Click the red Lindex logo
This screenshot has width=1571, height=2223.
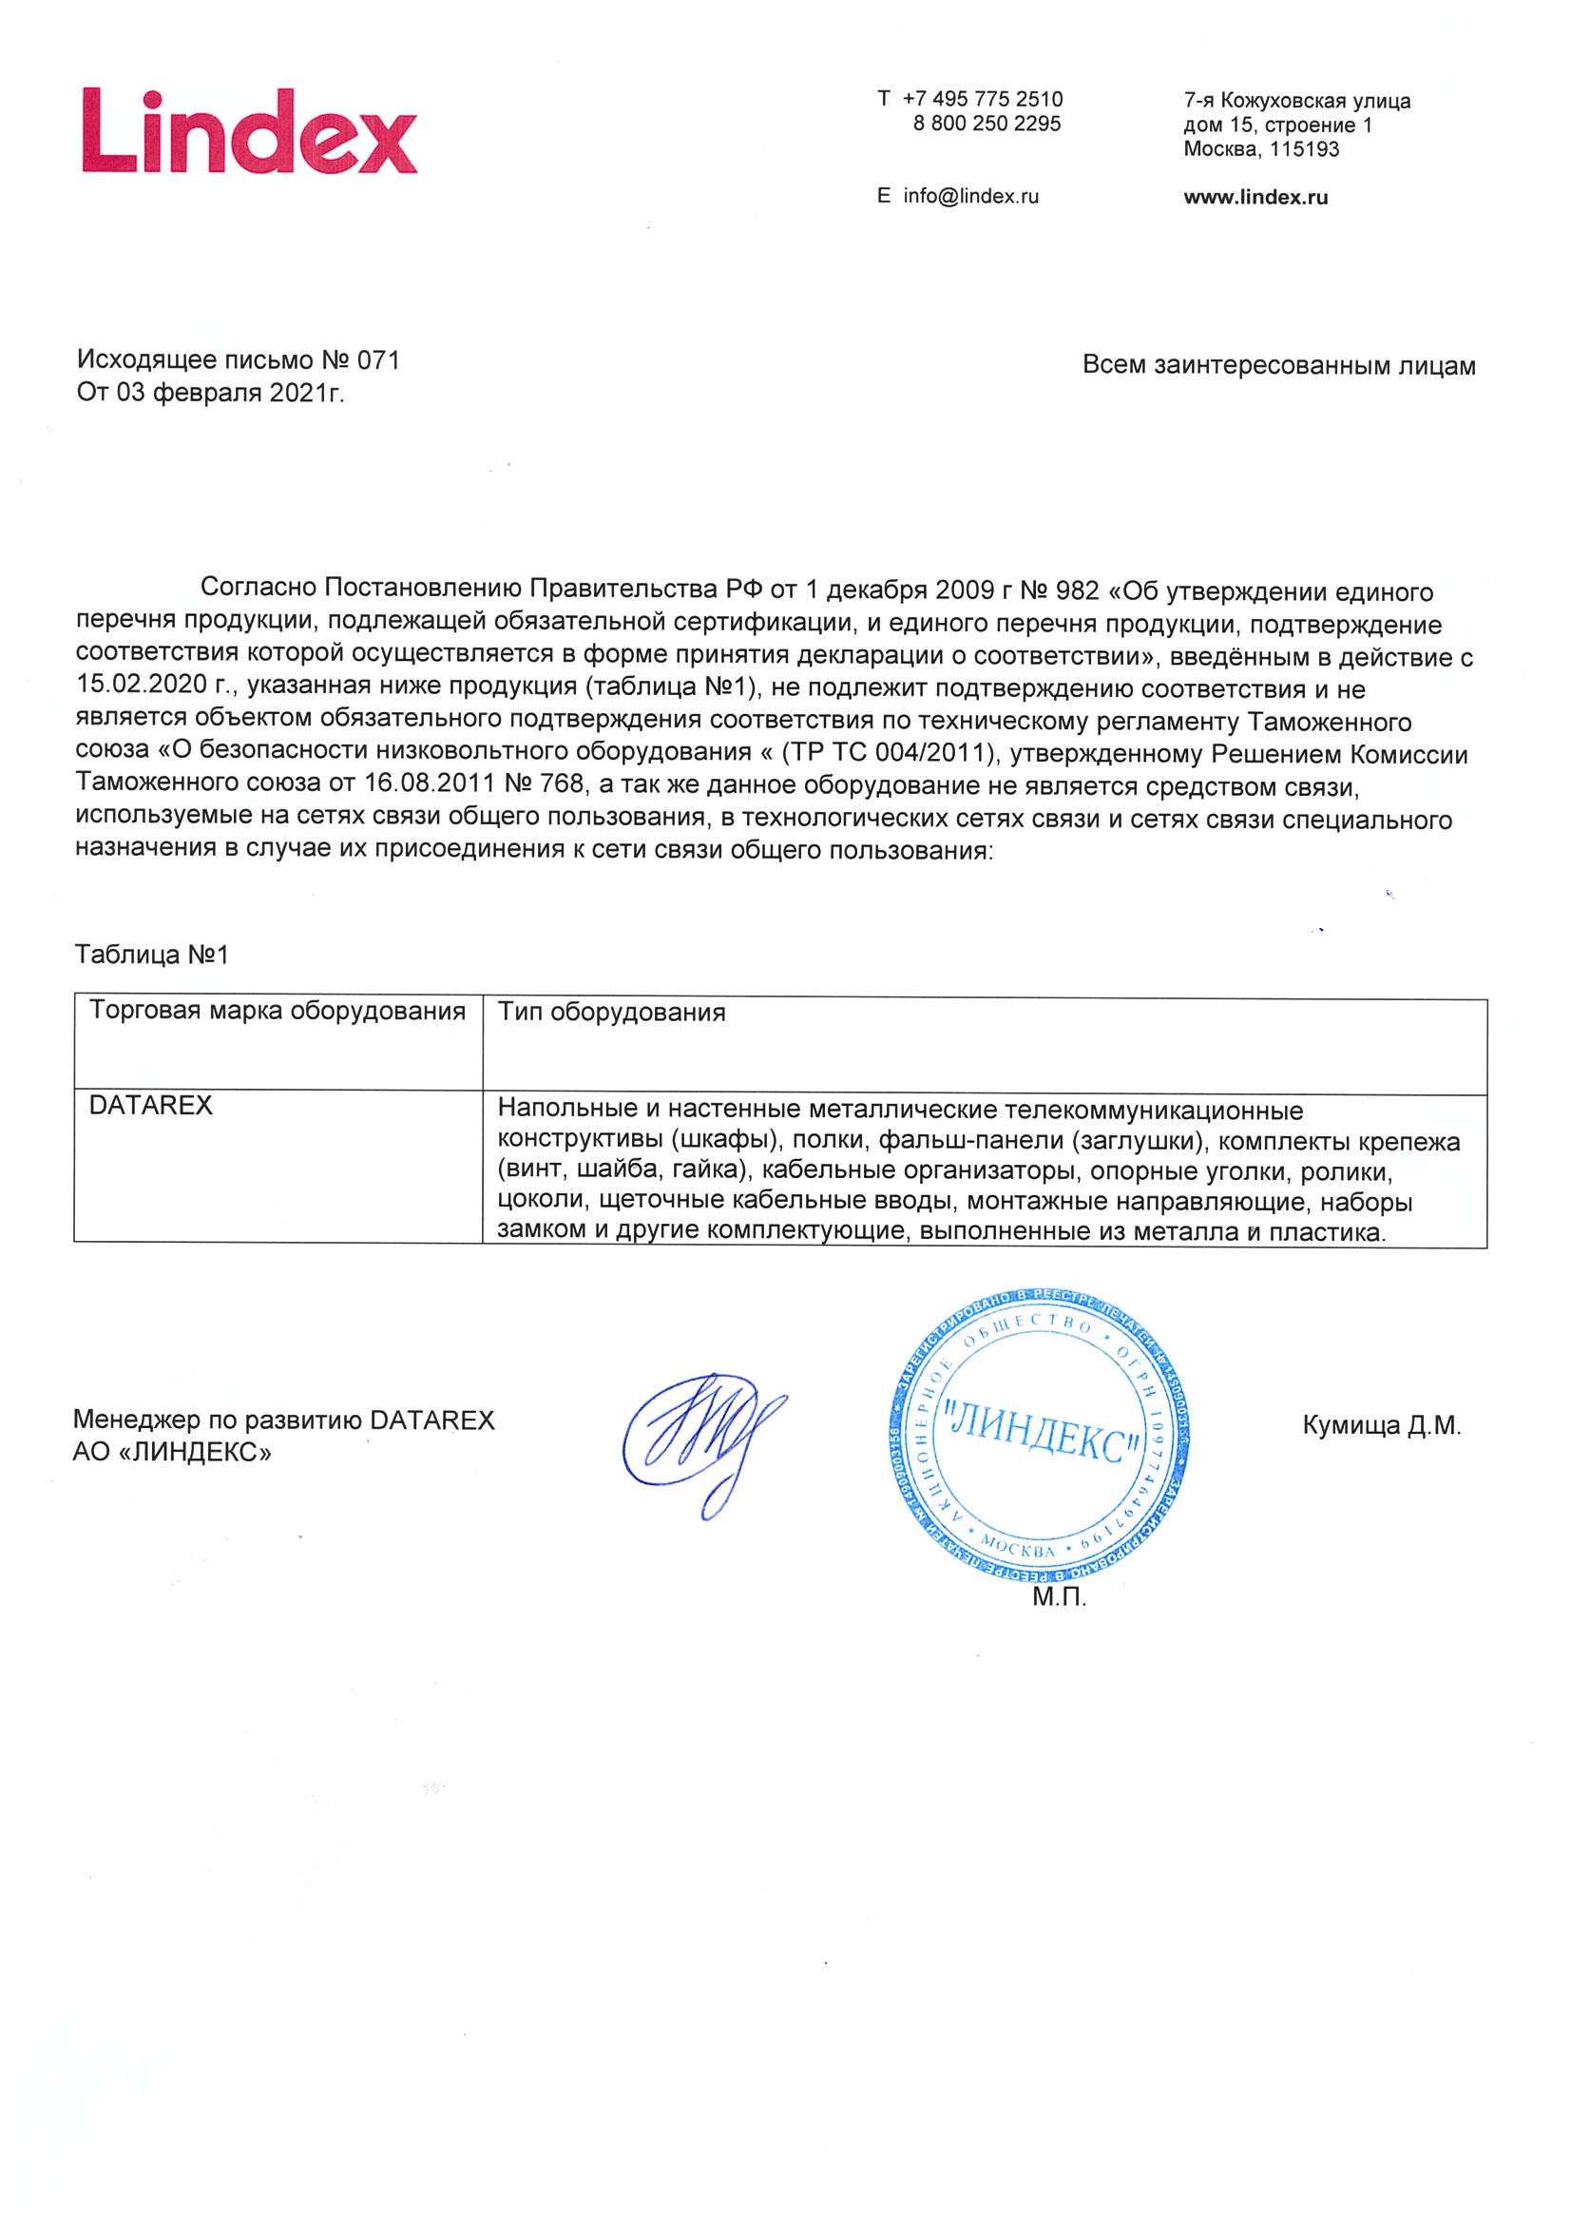click(x=250, y=131)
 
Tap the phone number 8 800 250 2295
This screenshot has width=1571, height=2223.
click(x=987, y=124)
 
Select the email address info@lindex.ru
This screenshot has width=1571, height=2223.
click(x=970, y=197)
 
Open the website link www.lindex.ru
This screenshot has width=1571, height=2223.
click(x=1255, y=198)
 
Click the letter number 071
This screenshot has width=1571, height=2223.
click(x=378, y=361)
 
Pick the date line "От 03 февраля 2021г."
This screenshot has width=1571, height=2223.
click(x=211, y=393)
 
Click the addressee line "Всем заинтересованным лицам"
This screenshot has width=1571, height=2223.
click(x=1277, y=366)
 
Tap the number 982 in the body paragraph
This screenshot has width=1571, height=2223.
click(x=1078, y=590)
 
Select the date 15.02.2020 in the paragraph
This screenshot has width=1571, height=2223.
click(x=143, y=686)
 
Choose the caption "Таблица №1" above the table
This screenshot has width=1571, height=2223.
click(x=152, y=955)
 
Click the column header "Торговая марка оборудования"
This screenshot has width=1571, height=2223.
click(x=278, y=1011)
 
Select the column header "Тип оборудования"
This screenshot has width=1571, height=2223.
click(x=611, y=1013)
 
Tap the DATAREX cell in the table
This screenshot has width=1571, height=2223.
click(x=151, y=1106)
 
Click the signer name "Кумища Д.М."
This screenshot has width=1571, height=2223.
click(x=1380, y=1425)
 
